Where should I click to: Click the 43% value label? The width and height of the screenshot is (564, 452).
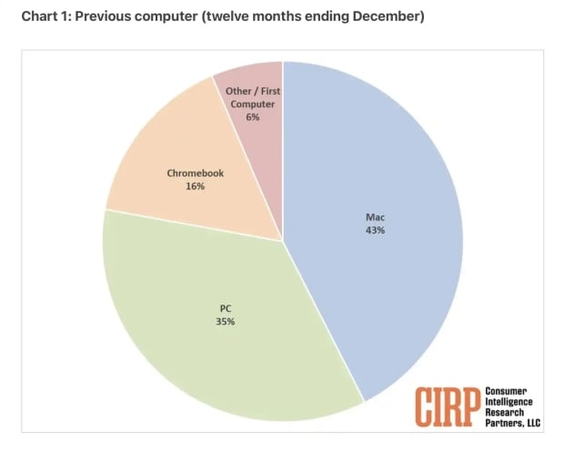coord(376,231)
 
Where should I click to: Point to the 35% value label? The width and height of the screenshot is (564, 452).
coord(226,322)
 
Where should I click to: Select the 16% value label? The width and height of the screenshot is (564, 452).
coord(195,186)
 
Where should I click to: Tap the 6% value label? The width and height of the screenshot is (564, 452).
coord(252,117)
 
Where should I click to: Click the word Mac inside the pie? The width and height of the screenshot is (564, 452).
coord(376,217)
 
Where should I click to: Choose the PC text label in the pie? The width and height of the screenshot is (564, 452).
coord(226,308)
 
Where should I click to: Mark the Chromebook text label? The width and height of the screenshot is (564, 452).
coord(195,173)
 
